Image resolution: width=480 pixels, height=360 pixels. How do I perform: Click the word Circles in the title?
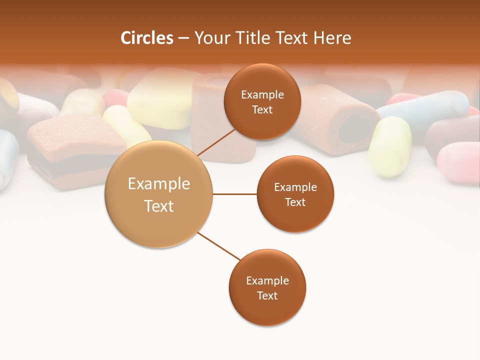(146, 38)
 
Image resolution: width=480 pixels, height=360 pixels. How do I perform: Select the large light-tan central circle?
(158, 194)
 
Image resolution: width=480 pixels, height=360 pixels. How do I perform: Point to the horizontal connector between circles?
(235, 194)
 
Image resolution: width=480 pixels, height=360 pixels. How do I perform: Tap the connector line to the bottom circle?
(218, 246)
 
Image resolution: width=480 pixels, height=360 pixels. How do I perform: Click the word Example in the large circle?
(159, 184)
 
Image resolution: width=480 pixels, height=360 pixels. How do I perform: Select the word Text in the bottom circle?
(267, 296)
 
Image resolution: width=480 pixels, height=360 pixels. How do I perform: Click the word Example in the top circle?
(262, 95)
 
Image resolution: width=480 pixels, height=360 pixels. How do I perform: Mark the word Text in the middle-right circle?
(295, 202)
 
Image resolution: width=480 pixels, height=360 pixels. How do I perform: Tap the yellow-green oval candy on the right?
(390, 146)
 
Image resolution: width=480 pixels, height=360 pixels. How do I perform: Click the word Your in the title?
(210, 38)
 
